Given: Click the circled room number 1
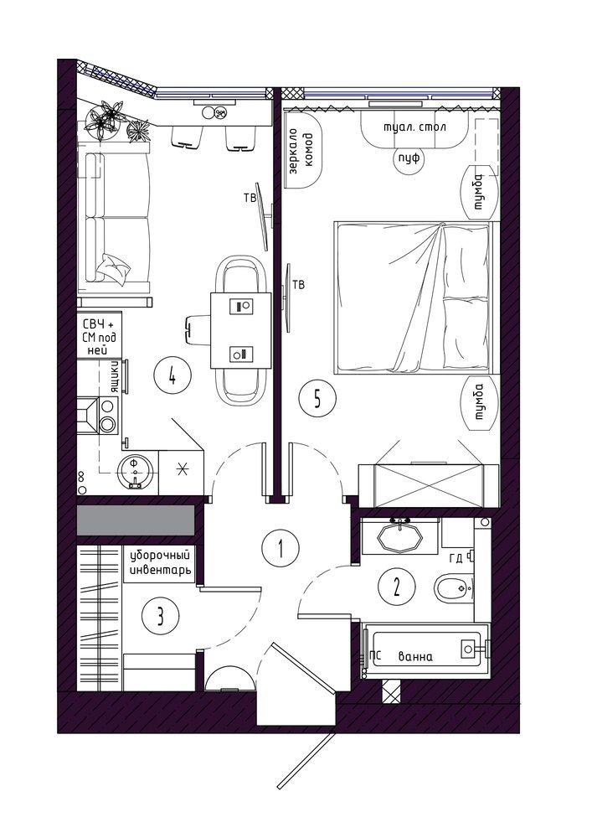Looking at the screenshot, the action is (281, 547).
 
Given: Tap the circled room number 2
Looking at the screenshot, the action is (396, 588).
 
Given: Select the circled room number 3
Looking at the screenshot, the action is (160, 618).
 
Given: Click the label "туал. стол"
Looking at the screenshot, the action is (414, 127).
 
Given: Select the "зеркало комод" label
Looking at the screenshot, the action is (301, 153).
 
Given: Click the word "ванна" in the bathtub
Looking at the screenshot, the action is (415, 657).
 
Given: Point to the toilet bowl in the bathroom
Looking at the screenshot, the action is (453, 588).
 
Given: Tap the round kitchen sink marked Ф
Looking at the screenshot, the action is (136, 471).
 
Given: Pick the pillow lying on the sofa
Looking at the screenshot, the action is (113, 267).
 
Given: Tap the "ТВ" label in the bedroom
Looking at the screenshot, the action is (299, 285).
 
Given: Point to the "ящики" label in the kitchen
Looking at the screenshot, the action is (114, 376).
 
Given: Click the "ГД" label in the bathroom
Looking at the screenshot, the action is (456, 558).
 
